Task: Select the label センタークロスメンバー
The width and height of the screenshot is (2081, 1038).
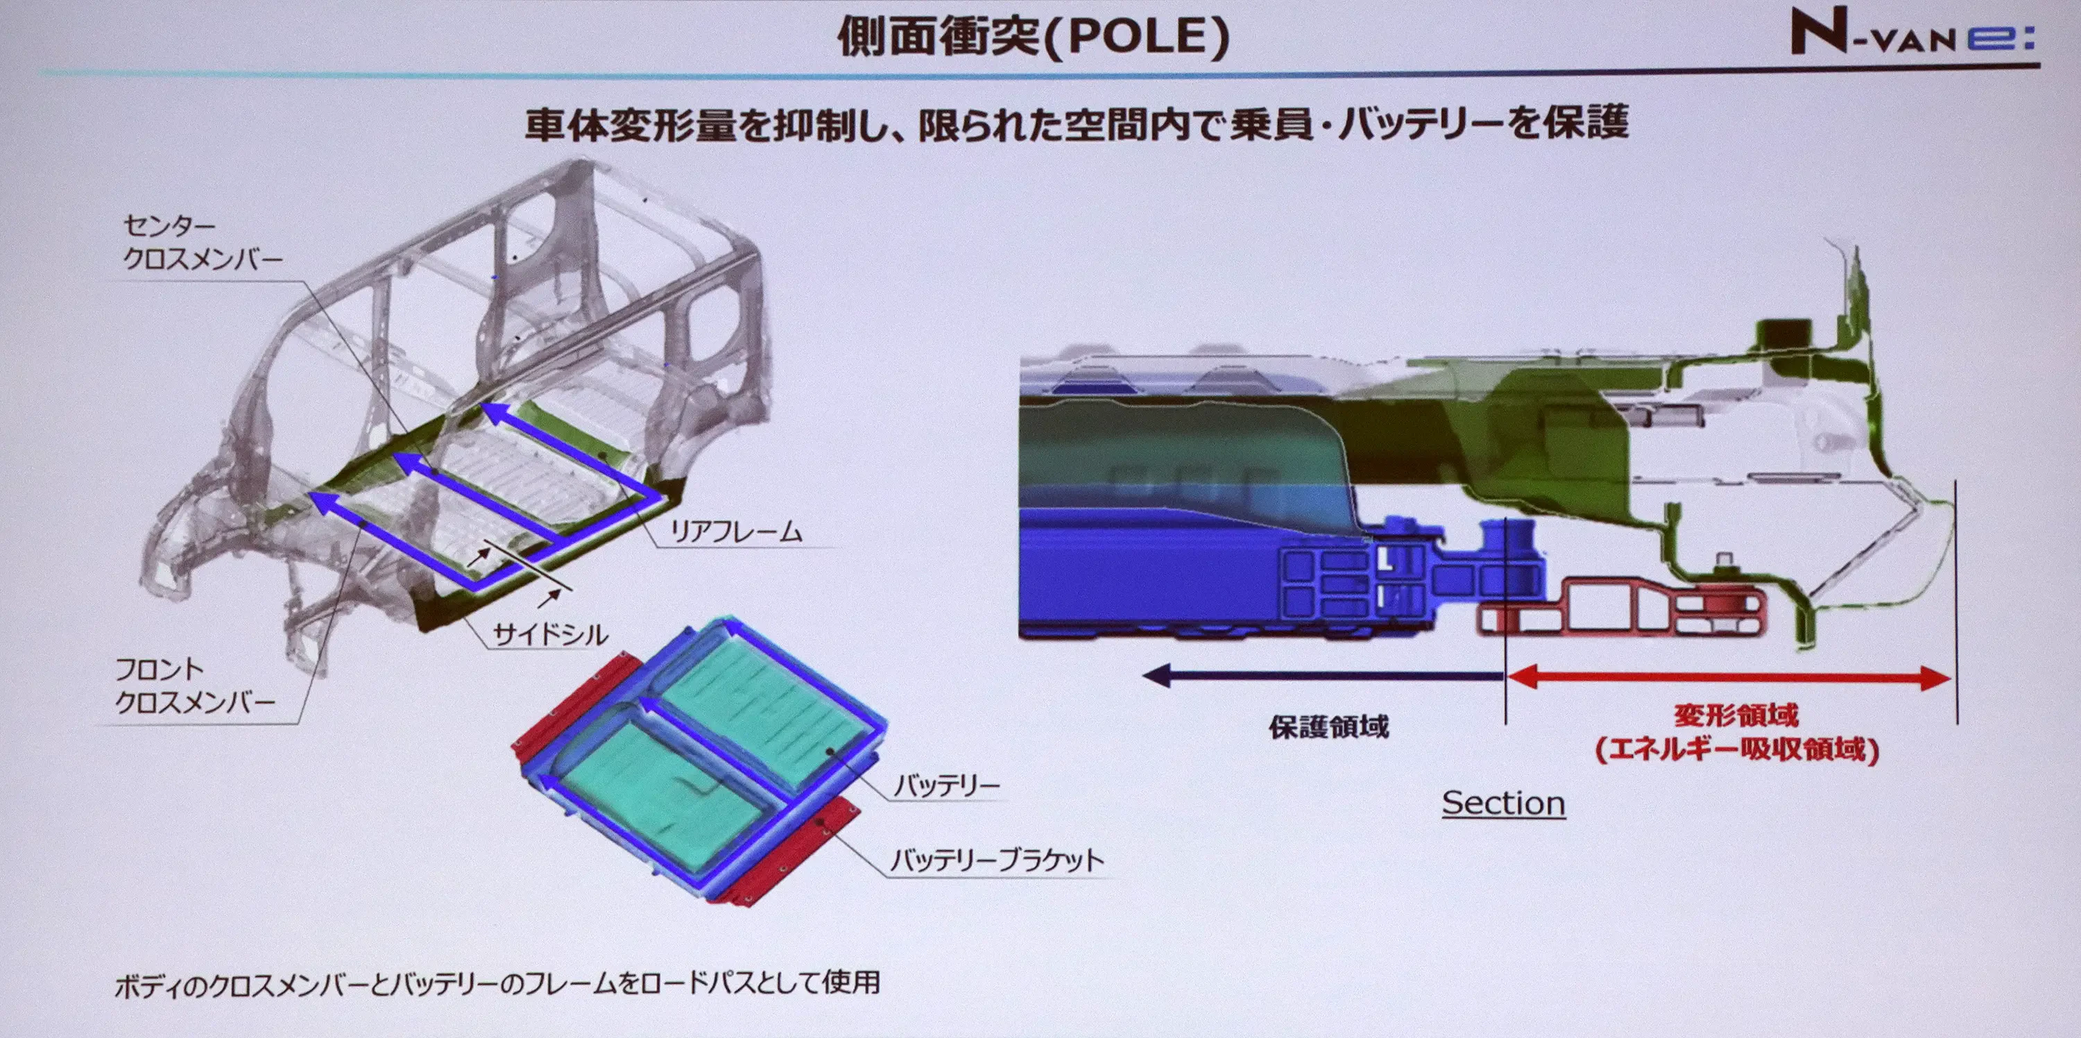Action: click(202, 242)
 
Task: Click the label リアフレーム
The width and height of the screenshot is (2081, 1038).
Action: click(737, 531)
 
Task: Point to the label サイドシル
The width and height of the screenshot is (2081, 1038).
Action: click(550, 634)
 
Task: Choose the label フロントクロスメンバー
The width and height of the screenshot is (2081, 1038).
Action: click(195, 685)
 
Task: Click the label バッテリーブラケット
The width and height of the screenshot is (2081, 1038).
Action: click(997, 861)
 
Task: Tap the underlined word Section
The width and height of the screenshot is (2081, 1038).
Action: click(1503, 803)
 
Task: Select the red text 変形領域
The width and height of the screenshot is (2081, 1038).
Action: click(1736, 715)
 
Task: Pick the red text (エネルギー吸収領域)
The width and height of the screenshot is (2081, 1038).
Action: click(1737, 749)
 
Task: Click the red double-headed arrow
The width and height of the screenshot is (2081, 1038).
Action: click(1729, 678)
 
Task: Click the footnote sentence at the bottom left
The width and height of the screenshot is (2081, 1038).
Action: click(497, 984)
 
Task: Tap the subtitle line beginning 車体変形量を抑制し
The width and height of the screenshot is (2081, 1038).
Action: click(1076, 124)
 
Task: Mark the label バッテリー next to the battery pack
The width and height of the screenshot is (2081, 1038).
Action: click(947, 784)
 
